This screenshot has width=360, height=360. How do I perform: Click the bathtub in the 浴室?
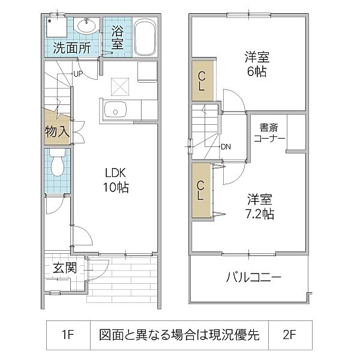144,38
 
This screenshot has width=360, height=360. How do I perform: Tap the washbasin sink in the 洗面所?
86,26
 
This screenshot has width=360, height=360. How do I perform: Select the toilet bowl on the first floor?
58,164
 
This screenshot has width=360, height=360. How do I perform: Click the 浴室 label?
117,37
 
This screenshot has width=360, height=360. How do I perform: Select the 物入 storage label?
57,131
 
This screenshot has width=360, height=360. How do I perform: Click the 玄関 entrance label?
63,268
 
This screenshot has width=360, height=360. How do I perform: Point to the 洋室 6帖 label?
256,64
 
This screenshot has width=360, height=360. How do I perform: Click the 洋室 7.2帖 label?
259,205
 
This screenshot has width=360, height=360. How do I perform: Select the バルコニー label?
253,278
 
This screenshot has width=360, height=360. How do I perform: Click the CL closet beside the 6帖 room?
202,80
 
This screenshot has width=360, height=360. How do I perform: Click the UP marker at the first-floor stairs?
77,74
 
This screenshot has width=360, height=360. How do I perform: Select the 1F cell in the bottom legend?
67,335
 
